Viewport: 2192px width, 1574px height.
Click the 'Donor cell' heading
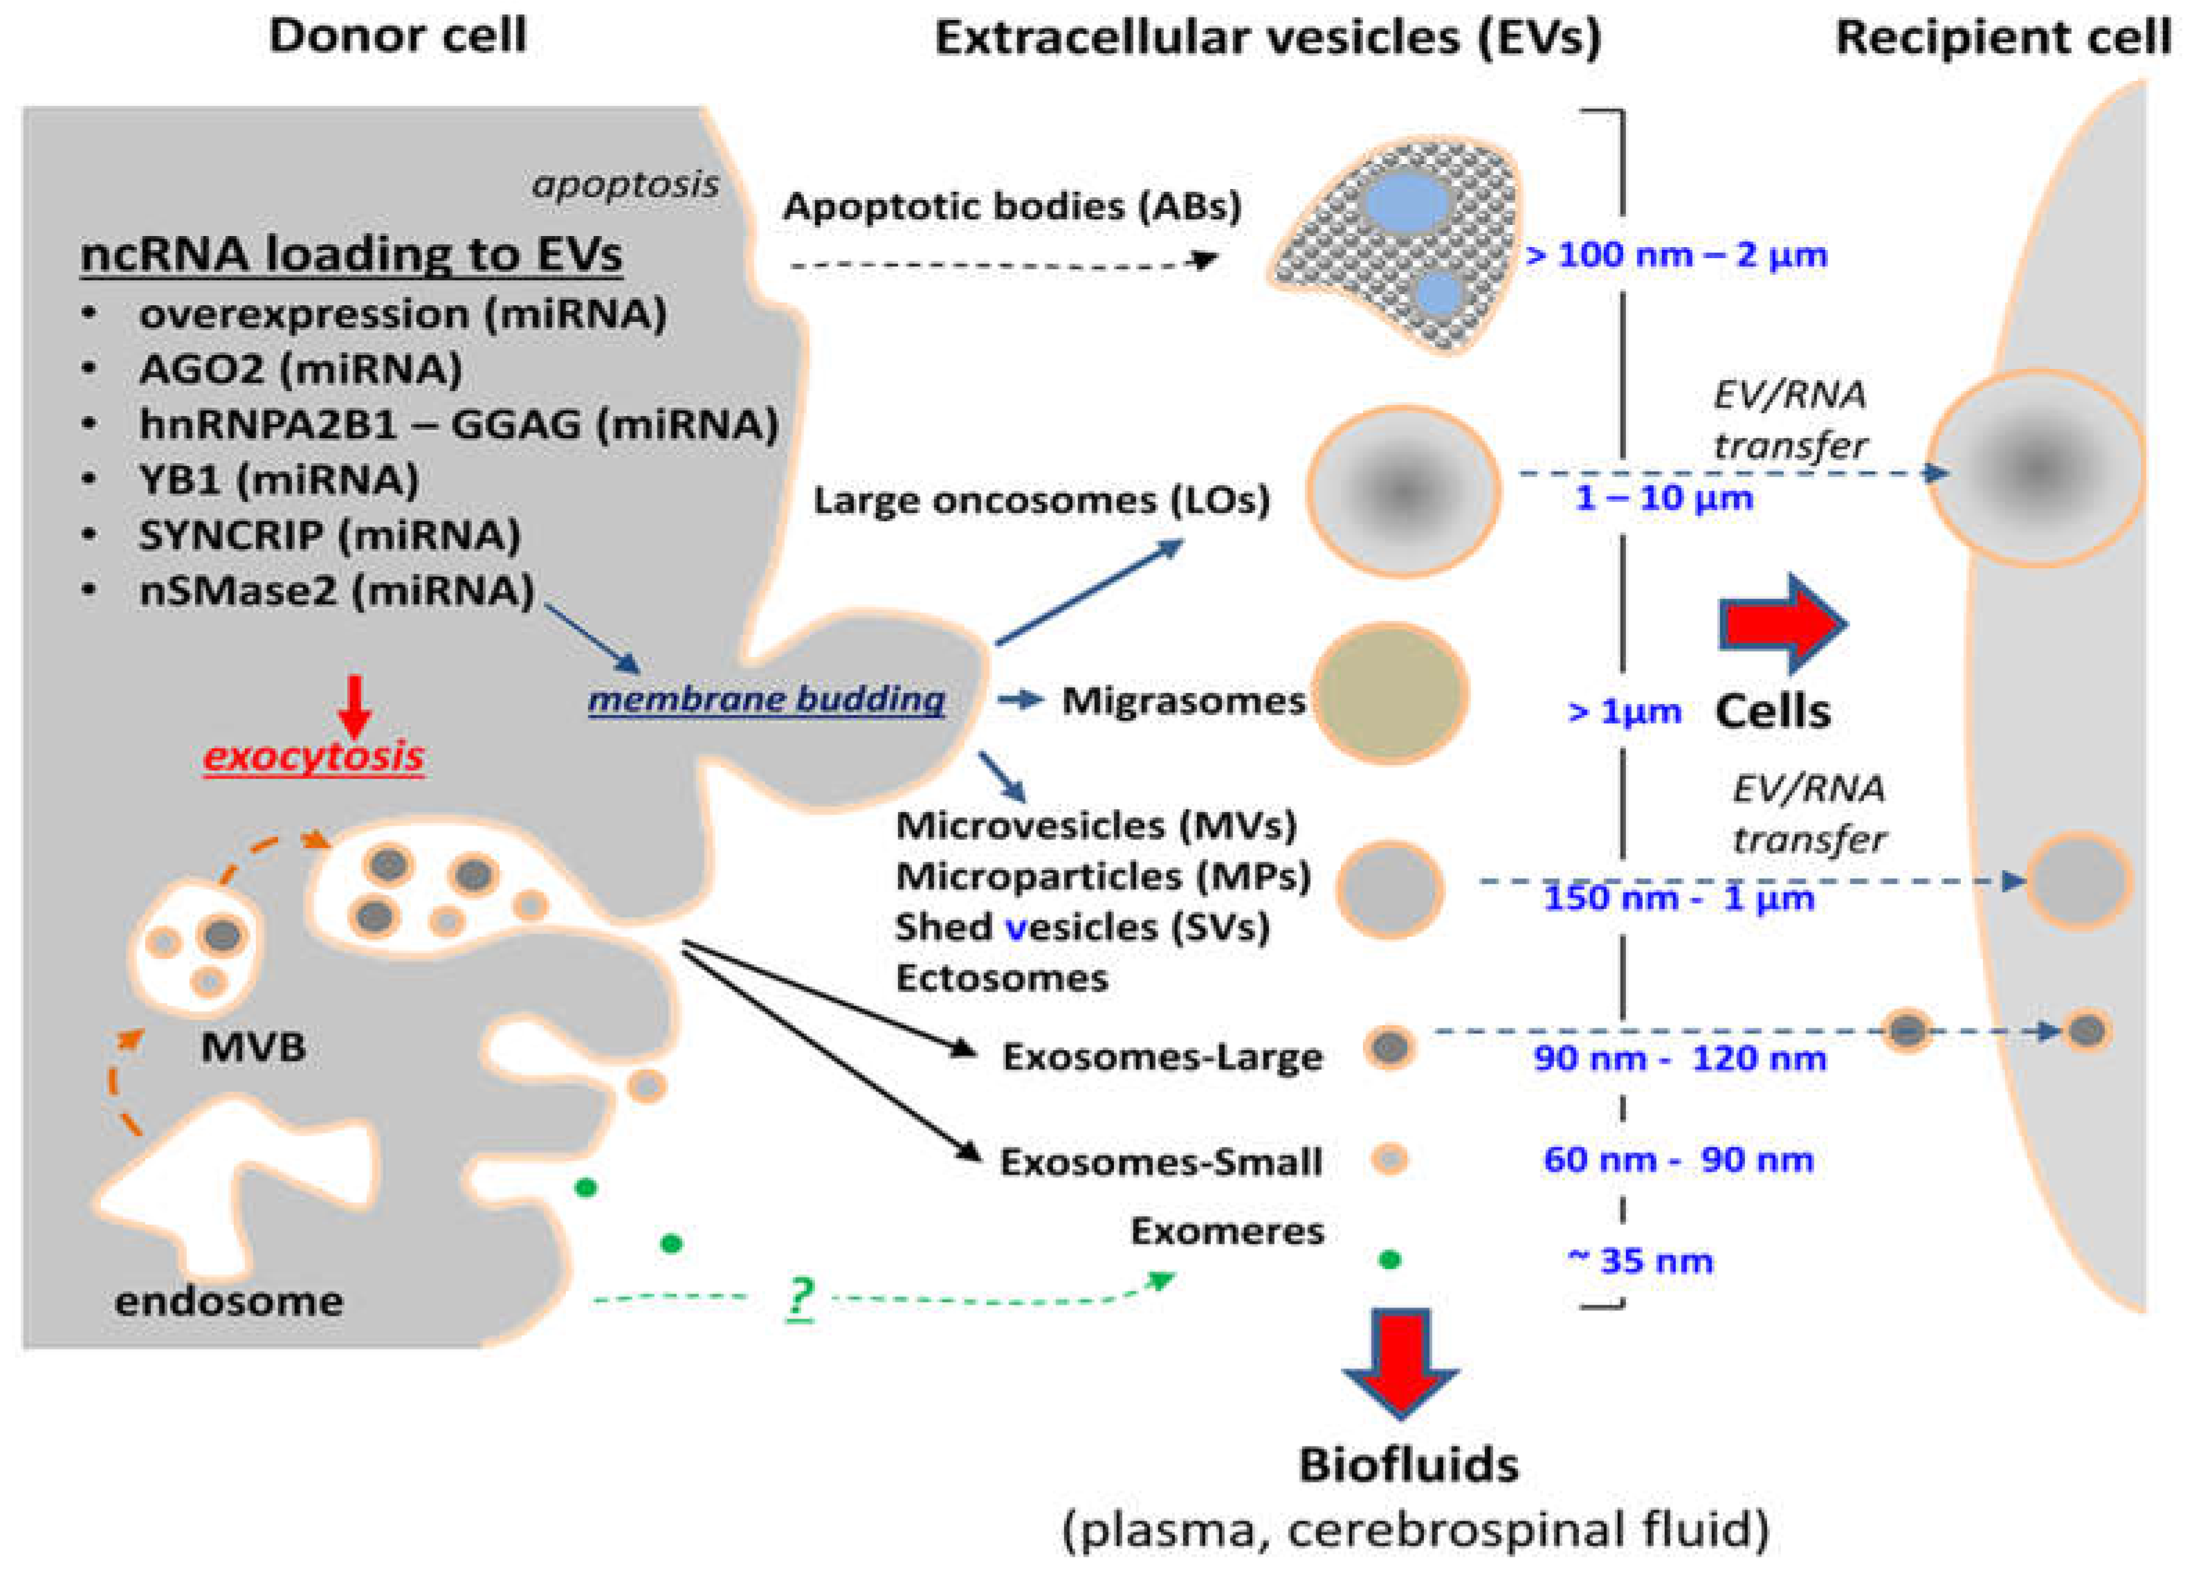pyautogui.click(x=397, y=37)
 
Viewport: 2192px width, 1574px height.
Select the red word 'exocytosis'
pyautogui.click(x=313, y=756)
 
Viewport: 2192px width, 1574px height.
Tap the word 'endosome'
pyautogui.click(x=229, y=1301)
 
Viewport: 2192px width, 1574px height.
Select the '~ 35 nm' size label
pyautogui.click(x=1639, y=1260)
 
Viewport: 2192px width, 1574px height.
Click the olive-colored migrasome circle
pyautogui.click(x=1390, y=694)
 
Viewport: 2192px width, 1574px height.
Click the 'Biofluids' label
pyautogui.click(x=1408, y=1465)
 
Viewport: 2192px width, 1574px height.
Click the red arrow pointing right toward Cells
pyautogui.click(x=1781, y=624)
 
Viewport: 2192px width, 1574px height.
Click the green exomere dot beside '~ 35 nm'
pyautogui.click(x=1390, y=1260)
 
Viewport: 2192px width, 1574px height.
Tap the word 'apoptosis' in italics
pyautogui.click(x=625, y=183)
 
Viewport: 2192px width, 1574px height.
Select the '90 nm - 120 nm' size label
pyautogui.click(x=1680, y=1058)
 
